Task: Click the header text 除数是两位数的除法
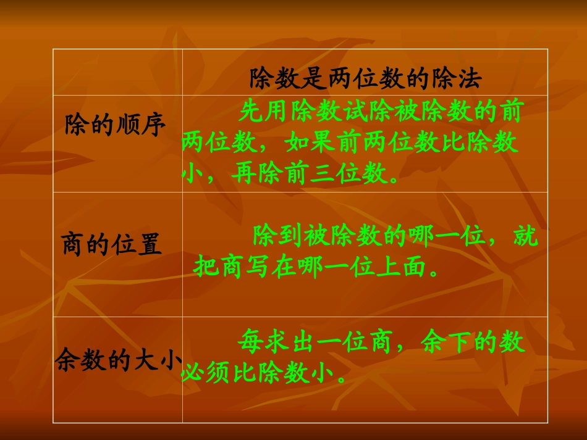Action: point(365,78)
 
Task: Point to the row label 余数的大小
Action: point(117,360)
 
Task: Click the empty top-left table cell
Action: point(117,72)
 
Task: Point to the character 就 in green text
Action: point(526,236)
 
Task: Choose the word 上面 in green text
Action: point(410,267)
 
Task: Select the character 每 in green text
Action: point(251,342)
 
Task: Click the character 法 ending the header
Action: point(470,78)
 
